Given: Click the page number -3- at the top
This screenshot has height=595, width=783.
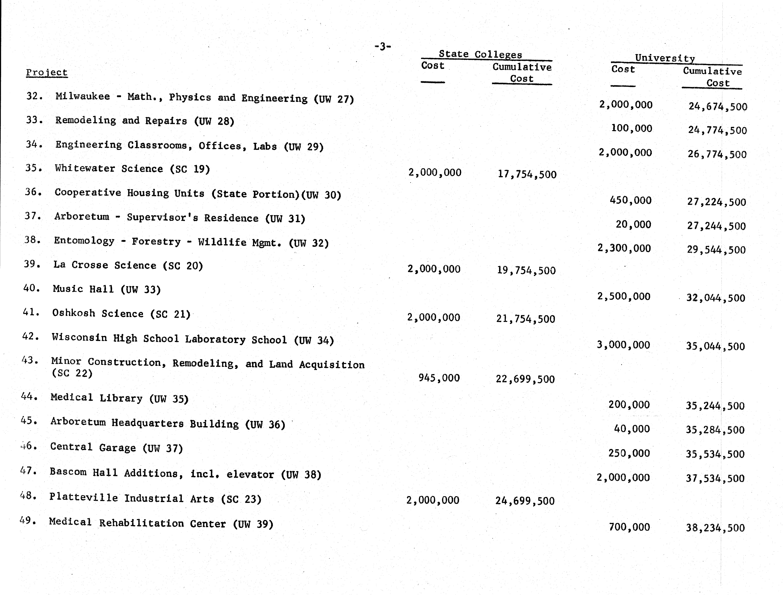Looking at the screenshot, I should click(383, 46).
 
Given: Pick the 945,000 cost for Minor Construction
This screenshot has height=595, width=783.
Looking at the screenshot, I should click(439, 378).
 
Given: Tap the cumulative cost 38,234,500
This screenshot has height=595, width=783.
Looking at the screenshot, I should click(715, 528).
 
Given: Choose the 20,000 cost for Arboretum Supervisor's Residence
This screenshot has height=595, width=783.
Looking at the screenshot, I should click(633, 224).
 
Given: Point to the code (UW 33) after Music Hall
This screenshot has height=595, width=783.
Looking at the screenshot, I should click(141, 290).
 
